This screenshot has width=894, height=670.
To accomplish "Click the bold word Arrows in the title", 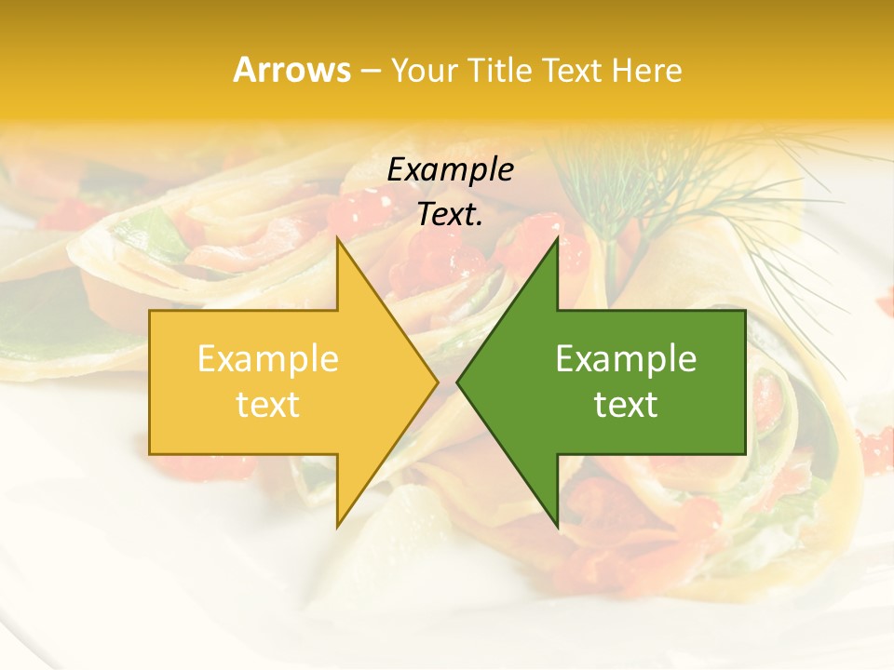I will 291,70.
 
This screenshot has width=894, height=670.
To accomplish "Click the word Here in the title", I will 646,71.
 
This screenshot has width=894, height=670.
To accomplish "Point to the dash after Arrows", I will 370,72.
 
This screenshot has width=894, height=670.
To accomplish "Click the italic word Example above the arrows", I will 451,170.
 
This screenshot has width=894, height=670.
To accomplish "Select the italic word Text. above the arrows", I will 448,215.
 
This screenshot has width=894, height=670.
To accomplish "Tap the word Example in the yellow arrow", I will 268,358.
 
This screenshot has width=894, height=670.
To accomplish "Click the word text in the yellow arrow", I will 268,404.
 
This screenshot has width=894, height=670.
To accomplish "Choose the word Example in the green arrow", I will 626,358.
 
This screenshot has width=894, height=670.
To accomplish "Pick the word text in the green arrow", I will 626,404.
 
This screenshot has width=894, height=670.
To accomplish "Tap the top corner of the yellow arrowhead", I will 338,240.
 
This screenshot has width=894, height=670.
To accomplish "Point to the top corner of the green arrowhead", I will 557,240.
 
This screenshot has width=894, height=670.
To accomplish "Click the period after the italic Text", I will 480,223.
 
